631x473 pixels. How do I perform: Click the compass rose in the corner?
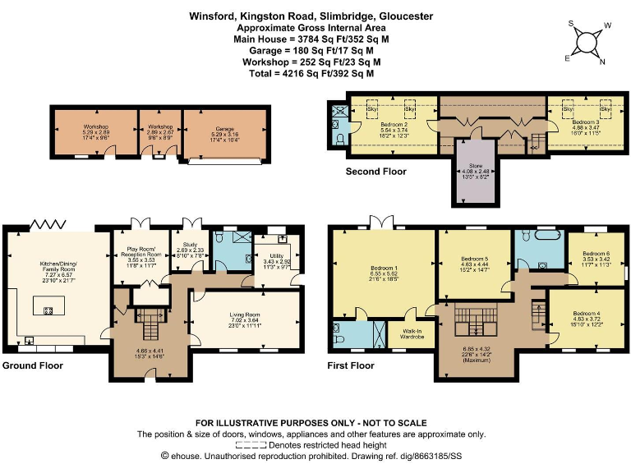[x=586, y=42]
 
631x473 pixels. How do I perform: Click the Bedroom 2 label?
[x=394, y=126]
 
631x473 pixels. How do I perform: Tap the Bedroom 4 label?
[x=587, y=318]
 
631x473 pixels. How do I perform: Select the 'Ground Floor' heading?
[x=34, y=365]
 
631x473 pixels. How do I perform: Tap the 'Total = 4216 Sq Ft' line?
[x=311, y=73]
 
